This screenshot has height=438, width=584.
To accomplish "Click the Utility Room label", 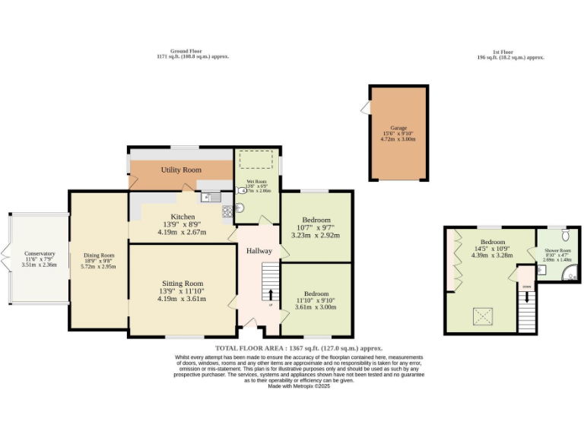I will [x=181, y=170].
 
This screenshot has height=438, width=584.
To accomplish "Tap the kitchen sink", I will [x=206, y=198].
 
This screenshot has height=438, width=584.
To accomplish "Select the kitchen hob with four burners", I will [x=226, y=211].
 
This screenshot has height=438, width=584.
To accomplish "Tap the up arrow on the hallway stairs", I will [x=270, y=294].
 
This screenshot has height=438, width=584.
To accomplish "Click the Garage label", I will [x=398, y=128].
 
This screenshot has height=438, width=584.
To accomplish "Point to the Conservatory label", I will [x=40, y=253].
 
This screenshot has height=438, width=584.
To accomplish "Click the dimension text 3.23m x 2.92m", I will [x=315, y=235].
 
